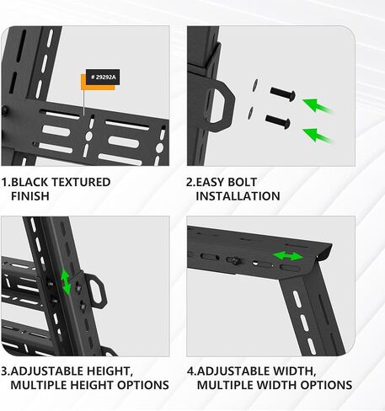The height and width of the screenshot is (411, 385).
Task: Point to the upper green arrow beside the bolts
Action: point(318,105)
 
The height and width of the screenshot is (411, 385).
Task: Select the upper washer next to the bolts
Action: point(254,84)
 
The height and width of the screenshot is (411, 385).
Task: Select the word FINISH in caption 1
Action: point(30,196)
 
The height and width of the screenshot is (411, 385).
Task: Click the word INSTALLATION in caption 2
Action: point(238,196)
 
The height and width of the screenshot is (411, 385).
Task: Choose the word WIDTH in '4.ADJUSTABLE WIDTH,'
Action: point(287,371)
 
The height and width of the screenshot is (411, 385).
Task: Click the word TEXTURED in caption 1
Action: point(83,181)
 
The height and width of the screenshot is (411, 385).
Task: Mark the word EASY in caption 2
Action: point(212,181)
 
